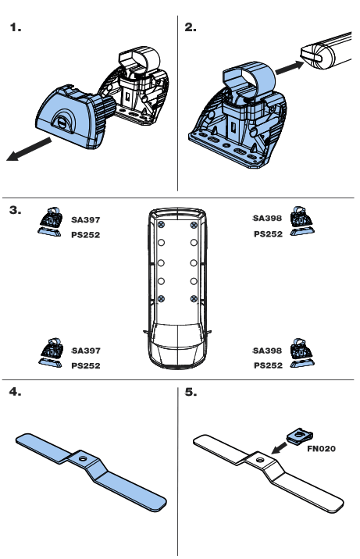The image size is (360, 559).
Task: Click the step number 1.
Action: (x=16, y=28)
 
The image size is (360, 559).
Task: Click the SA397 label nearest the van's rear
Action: (x=86, y=220)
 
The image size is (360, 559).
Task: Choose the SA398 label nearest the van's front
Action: (x=268, y=351)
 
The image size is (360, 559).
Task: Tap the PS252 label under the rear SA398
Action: (x=268, y=233)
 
